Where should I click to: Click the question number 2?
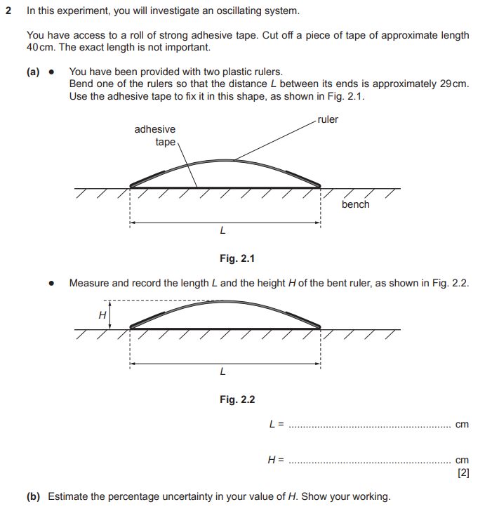[8, 12]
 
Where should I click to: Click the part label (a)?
[34, 72]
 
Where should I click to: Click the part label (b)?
[34, 496]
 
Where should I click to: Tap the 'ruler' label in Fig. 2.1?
[328, 119]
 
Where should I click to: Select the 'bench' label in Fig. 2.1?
[355, 204]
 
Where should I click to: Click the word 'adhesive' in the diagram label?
[155, 129]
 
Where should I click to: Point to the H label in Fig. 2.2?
[102, 315]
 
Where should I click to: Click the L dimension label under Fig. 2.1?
[222, 230]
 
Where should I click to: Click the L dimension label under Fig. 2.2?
[222, 371]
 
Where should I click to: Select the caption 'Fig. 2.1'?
[237, 258]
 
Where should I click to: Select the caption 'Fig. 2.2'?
[237, 399]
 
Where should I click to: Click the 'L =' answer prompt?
[276, 424]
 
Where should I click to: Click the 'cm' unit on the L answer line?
[462, 424]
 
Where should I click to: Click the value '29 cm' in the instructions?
[453, 84]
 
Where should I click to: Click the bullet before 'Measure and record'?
[51, 283]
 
